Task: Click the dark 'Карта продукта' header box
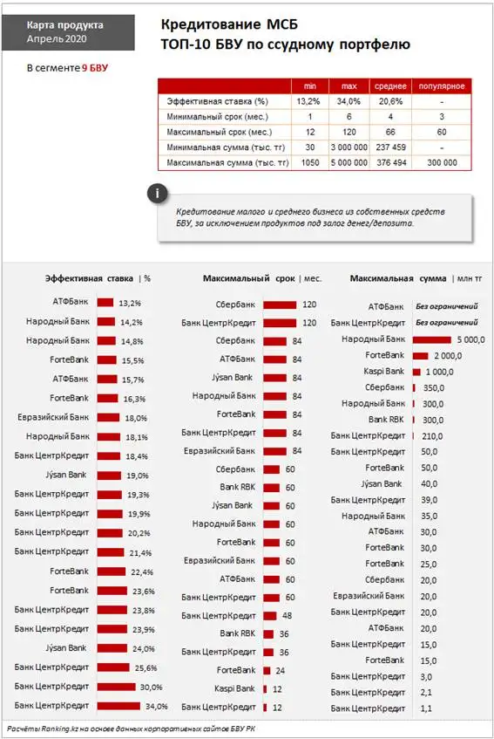pyautogui.click(x=64, y=33)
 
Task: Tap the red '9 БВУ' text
pyautogui.click(x=95, y=67)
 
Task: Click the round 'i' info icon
pyautogui.click(x=156, y=192)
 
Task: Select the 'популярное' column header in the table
pyautogui.click(x=446, y=86)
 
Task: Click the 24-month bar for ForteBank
pyautogui.click(x=267, y=670)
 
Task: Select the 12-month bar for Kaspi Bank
pyautogui.click(x=265, y=688)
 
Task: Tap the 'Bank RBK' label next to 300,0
pyautogui.click(x=386, y=420)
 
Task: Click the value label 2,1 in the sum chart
pyautogui.click(x=425, y=692)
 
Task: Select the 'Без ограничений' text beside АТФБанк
pyautogui.click(x=447, y=307)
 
